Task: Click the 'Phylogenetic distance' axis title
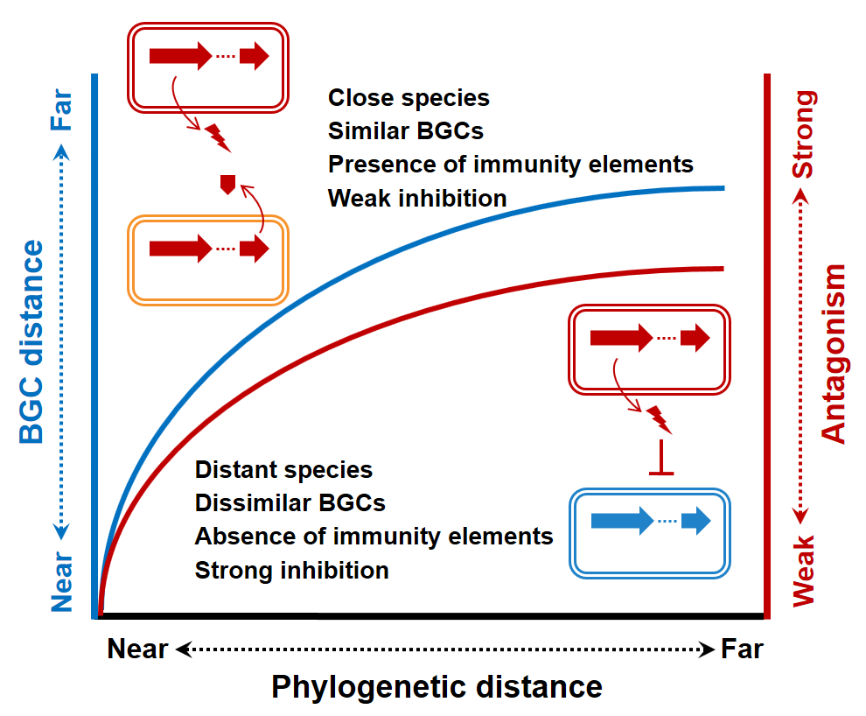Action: point(436,686)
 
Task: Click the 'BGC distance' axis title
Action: point(31,341)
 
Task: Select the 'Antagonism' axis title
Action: point(835,354)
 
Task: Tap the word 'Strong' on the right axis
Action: point(804,132)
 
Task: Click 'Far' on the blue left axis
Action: point(61,111)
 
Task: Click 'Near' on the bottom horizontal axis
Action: point(137,649)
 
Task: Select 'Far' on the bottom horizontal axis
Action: point(742,649)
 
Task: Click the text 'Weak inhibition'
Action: point(417,198)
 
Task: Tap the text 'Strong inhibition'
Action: point(291,571)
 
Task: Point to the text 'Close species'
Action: point(409,97)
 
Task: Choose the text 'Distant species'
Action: point(283,470)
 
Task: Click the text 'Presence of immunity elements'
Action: point(510,164)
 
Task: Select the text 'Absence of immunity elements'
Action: point(374,536)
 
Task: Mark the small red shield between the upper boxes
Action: point(227,184)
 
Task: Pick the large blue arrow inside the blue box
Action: point(622,522)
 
